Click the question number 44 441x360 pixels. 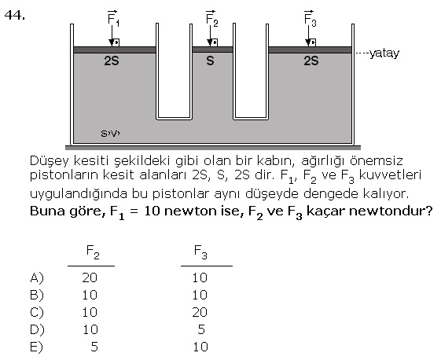(x=15, y=15)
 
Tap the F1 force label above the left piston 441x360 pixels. (x=113, y=19)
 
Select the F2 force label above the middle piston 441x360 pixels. (x=211, y=19)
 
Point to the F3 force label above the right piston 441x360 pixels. (x=310, y=19)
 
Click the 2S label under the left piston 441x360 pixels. (x=112, y=61)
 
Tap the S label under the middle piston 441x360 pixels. (x=210, y=61)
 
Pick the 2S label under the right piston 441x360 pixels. (x=311, y=61)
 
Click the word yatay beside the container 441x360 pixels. (x=384, y=53)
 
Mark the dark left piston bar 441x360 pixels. (x=115, y=50)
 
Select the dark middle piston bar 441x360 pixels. (x=212, y=50)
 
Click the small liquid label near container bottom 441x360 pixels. (x=110, y=134)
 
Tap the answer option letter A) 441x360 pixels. (x=37, y=278)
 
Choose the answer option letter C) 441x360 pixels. (x=37, y=312)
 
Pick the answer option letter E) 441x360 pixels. (x=37, y=347)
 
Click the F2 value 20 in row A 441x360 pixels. (x=90, y=277)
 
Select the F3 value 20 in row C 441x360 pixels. (x=200, y=312)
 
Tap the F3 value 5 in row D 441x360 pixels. (x=201, y=329)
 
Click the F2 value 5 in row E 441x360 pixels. (x=94, y=347)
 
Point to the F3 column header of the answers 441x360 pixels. (x=200, y=252)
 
